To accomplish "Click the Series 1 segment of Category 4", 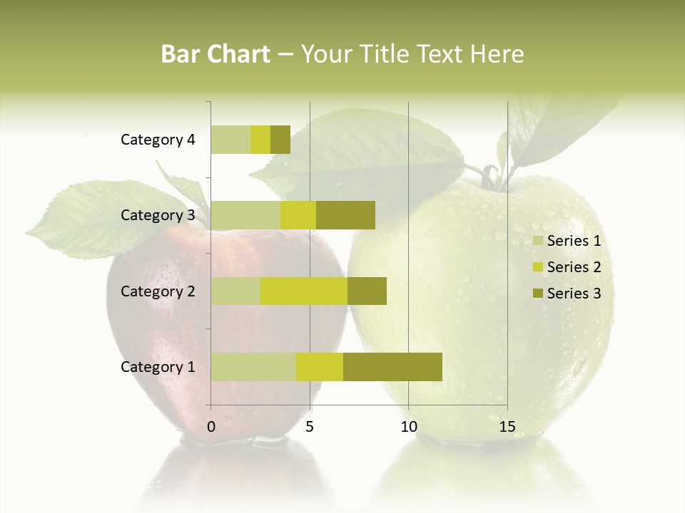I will click(230, 140).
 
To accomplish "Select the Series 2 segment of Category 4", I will click(260, 140).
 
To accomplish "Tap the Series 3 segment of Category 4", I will click(280, 140).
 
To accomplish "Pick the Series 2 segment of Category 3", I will click(298, 215).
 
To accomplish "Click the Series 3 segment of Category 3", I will click(345, 215).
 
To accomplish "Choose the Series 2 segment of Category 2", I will click(304, 291).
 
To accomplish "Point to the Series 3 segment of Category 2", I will click(367, 291).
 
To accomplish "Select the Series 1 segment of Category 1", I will click(253, 367).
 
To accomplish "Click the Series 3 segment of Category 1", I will click(392, 367).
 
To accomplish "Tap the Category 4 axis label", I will click(158, 140).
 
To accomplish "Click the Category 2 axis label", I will click(158, 291).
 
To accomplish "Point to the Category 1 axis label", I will click(158, 367).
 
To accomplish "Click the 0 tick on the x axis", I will click(211, 427).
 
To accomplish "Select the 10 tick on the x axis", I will click(408, 427).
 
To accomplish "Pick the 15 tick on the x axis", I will click(507, 427).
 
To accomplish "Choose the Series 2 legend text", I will click(574, 267).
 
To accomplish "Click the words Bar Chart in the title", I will click(215, 54).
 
